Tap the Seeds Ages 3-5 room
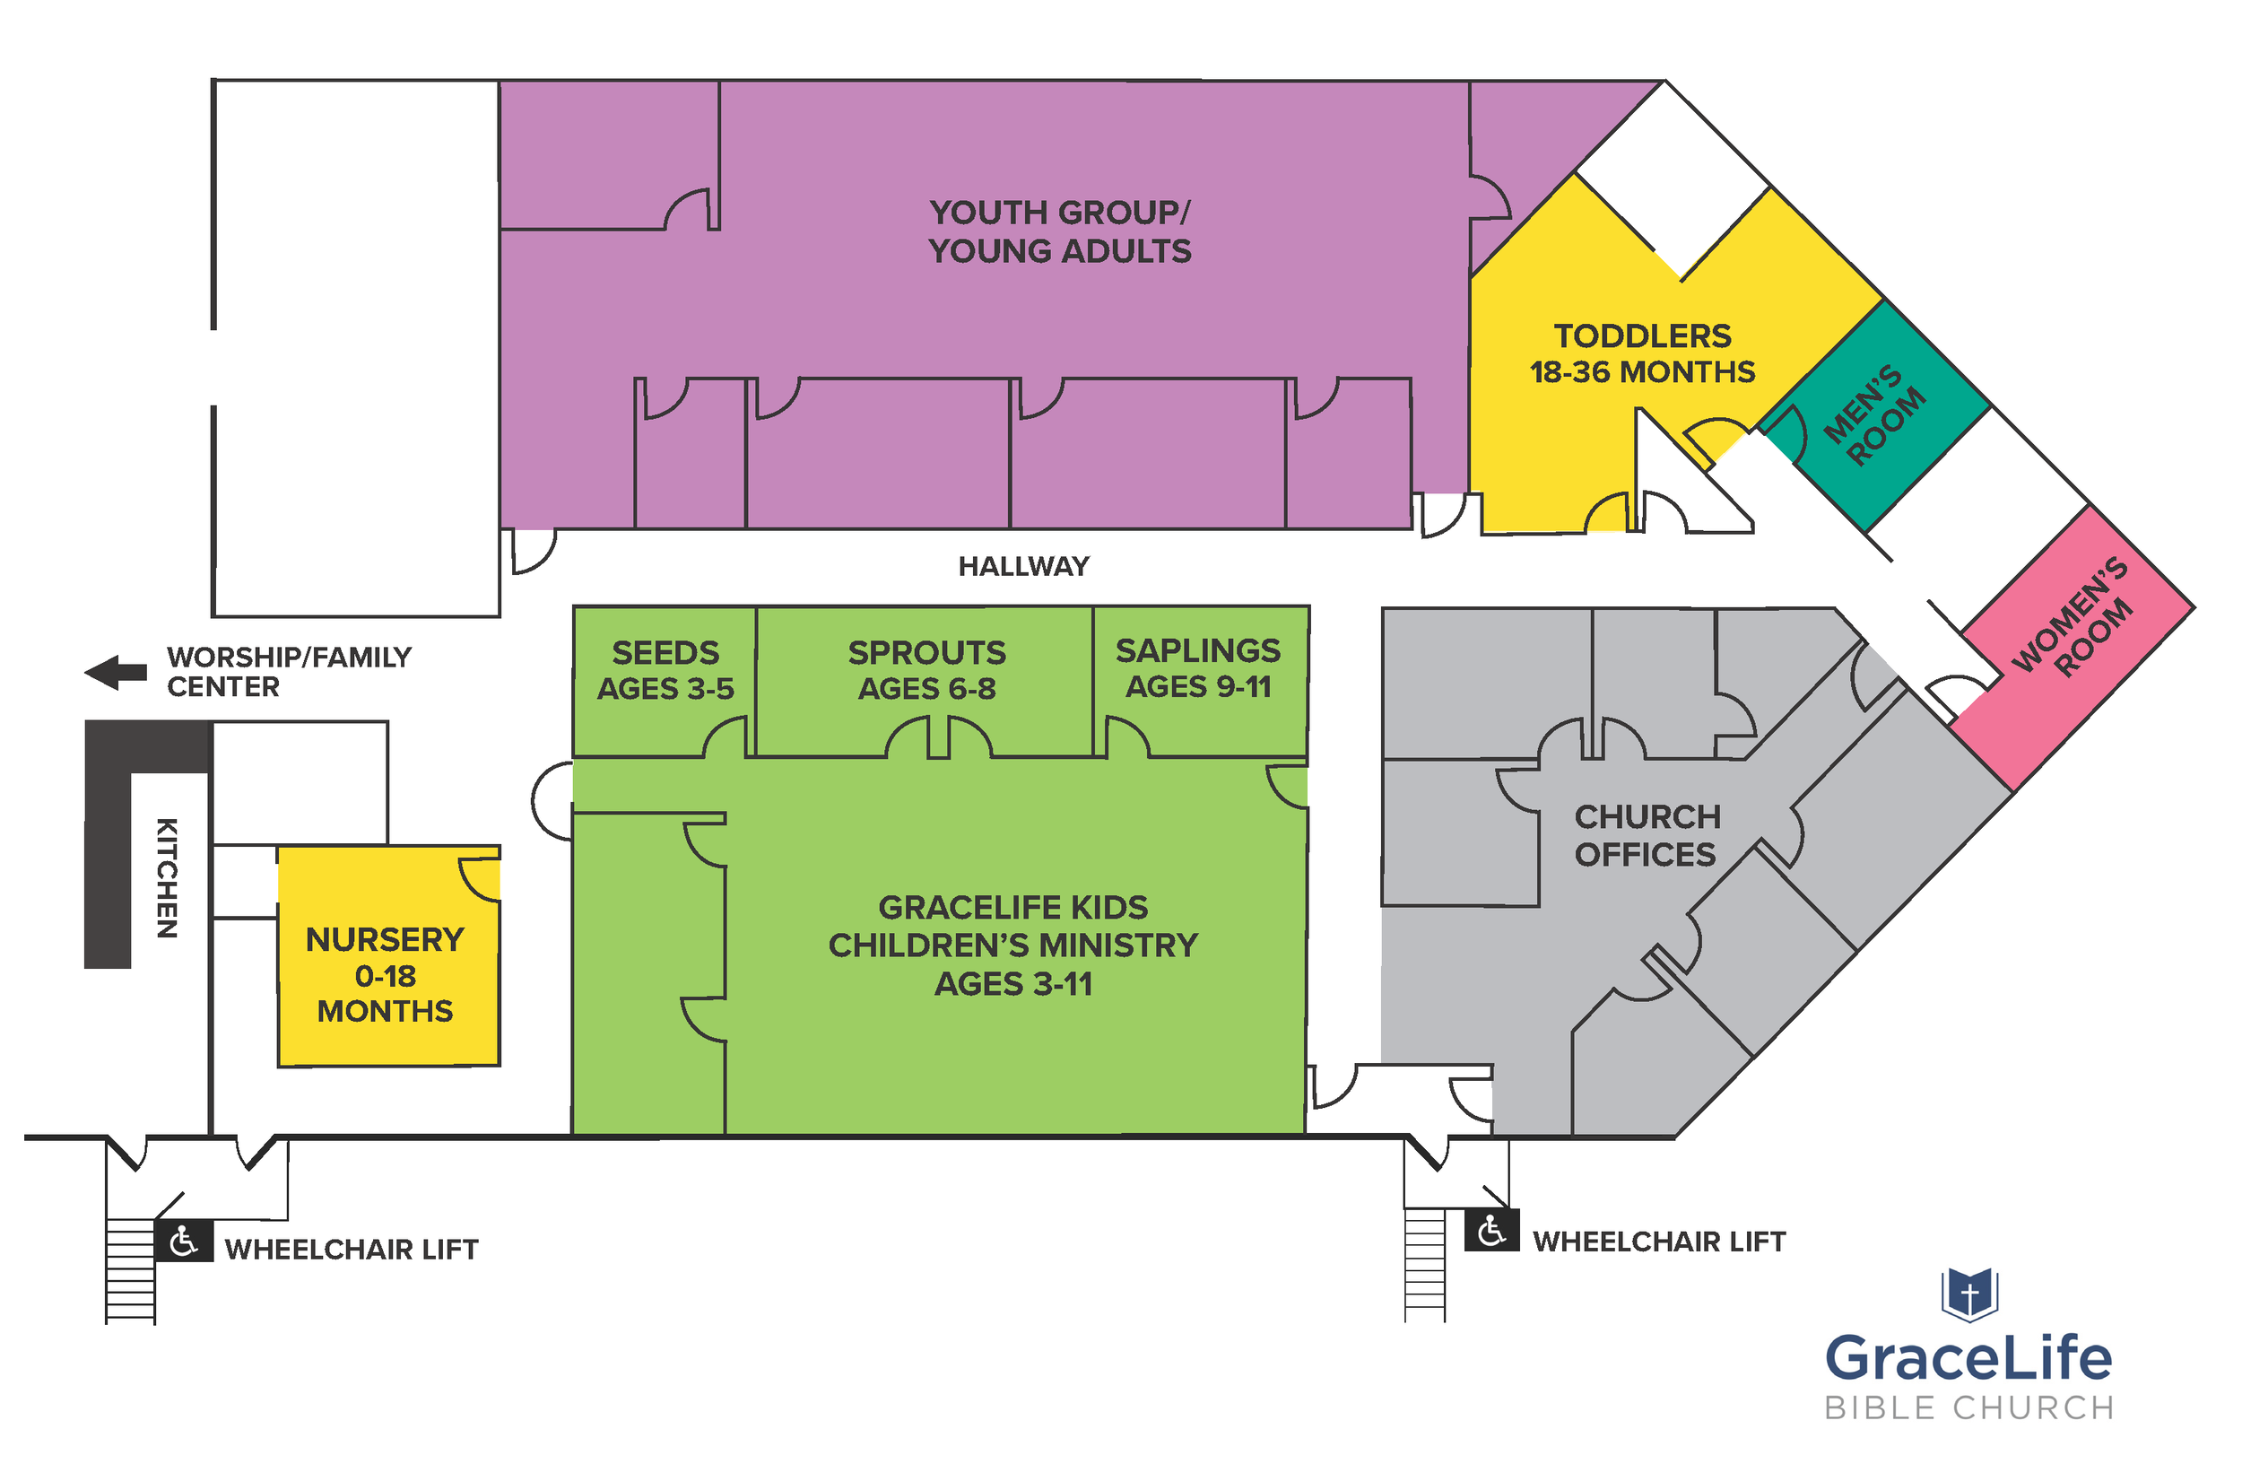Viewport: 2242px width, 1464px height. click(x=665, y=670)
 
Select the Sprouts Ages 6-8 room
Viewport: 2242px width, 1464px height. click(x=926, y=670)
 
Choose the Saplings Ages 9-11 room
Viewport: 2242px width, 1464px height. click(x=1197, y=668)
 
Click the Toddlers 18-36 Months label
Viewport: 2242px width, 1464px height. click(x=1642, y=353)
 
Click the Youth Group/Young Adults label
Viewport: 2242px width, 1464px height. click(x=1060, y=231)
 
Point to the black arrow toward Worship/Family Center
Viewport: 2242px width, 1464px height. click(x=116, y=672)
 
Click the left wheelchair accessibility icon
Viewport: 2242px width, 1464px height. click(x=184, y=1242)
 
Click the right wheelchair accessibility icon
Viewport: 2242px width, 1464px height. click(x=1491, y=1231)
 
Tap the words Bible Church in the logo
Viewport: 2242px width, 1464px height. click(x=1968, y=1407)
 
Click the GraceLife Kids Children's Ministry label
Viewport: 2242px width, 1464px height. click(x=1012, y=944)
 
